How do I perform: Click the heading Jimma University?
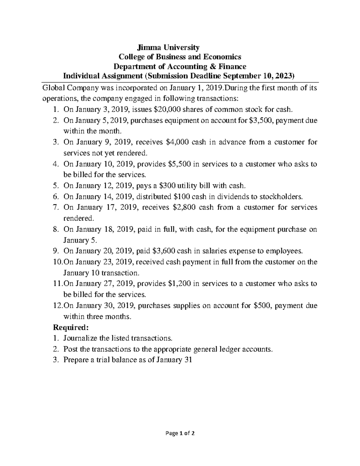click(x=168, y=47)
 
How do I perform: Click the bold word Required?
click(x=70, y=327)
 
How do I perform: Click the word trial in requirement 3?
click(x=111, y=360)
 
